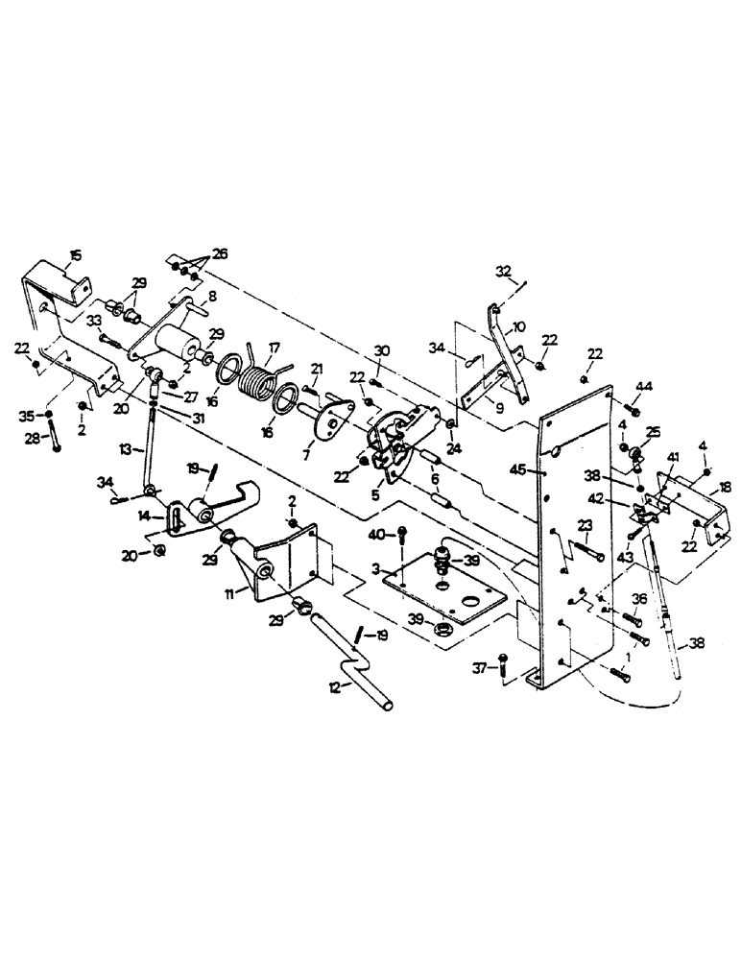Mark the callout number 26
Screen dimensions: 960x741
pyautogui.click(x=222, y=254)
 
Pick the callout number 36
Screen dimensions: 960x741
pyautogui.click(x=638, y=599)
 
